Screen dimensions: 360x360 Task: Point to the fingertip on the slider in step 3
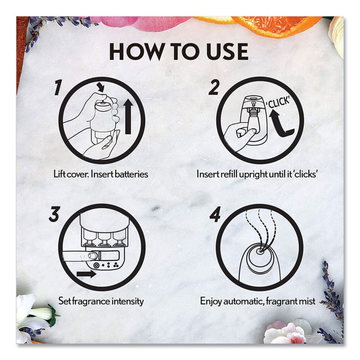coord(92,256)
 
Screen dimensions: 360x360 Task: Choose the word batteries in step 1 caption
coord(130,174)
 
